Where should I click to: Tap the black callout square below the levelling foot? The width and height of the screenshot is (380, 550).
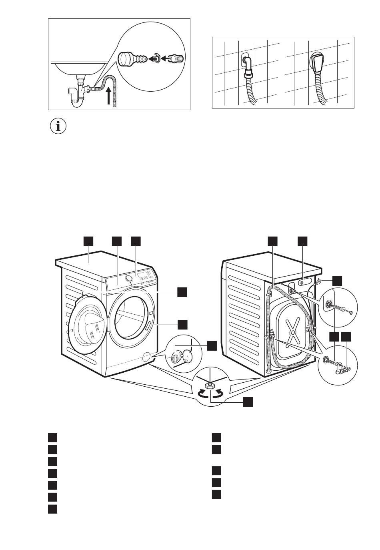(248, 401)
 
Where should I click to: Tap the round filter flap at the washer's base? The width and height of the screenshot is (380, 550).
(147, 356)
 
